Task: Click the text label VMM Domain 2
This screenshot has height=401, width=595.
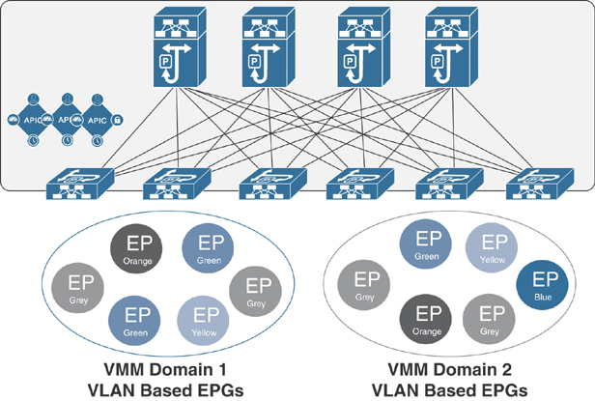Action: point(451,367)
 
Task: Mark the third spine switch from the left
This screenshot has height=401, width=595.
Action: point(358,48)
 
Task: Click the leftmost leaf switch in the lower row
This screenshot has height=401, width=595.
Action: point(80,179)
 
